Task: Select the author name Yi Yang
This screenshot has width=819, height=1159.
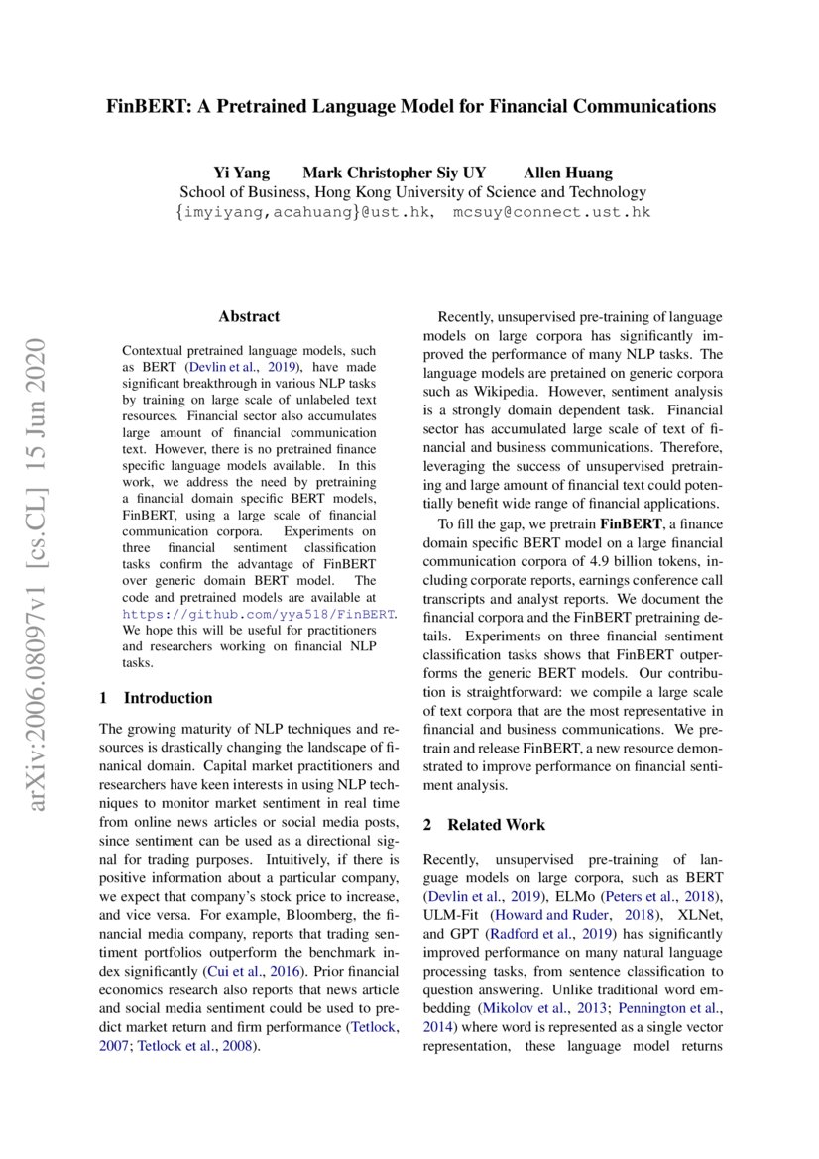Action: click(x=242, y=173)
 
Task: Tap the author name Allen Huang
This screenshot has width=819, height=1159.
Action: click(x=568, y=173)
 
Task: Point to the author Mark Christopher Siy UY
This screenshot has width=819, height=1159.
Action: click(x=394, y=173)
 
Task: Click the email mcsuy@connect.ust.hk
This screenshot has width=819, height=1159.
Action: click(x=552, y=212)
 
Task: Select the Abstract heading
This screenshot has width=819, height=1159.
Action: click(x=249, y=317)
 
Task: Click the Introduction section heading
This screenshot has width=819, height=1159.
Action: click(x=168, y=698)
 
